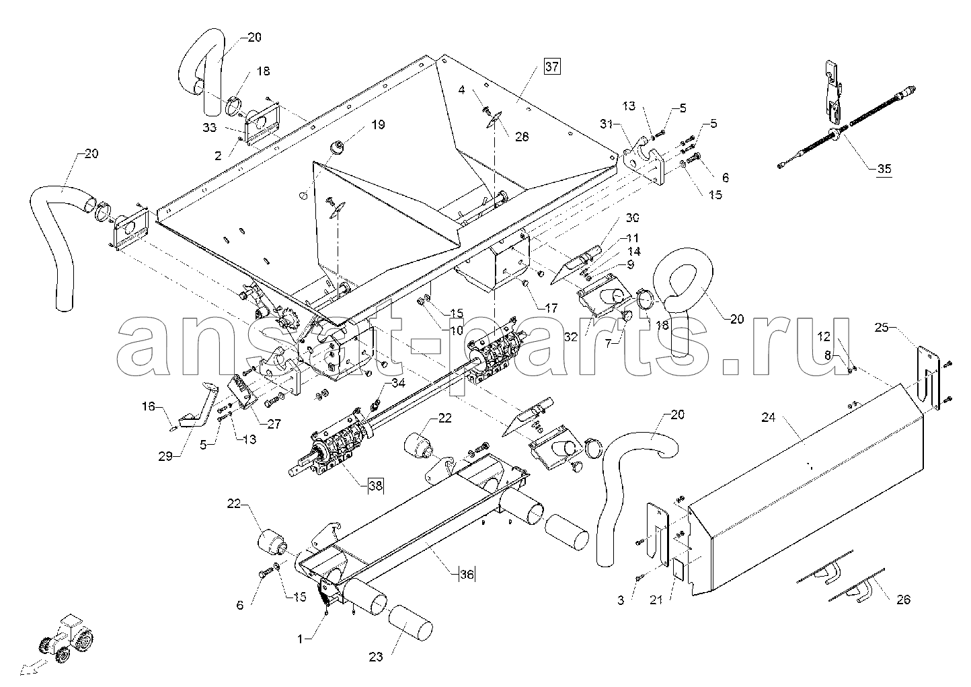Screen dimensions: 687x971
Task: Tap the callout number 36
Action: [x=467, y=574]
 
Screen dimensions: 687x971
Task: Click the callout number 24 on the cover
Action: [x=769, y=418]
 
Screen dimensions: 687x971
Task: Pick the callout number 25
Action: [x=882, y=327]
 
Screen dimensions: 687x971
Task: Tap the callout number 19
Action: [x=377, y=124]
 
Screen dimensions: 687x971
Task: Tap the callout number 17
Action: [x=551, y=309]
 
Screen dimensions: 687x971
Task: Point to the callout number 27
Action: [x=273, y=424]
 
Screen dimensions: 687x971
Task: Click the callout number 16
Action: [x=148, y=406]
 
